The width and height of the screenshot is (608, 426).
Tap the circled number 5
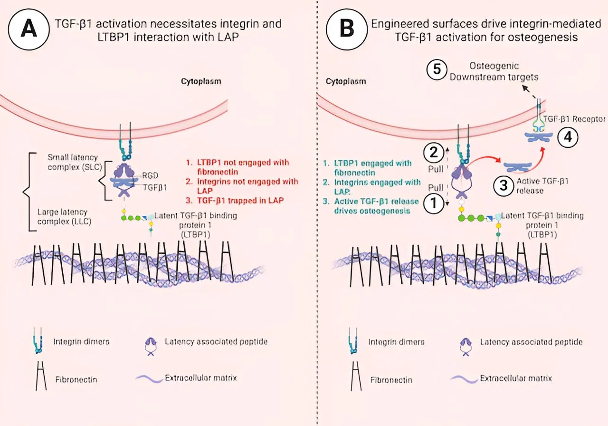coord(436,70)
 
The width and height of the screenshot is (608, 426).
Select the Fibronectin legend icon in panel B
coord(352,378)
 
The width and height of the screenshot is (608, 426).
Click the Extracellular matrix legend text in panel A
coord(200,378)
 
